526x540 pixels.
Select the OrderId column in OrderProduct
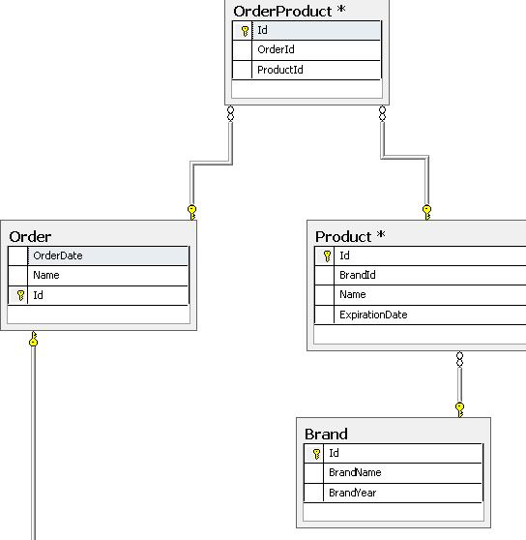click(x=276, y=50)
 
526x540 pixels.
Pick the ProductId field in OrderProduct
click(x=280, y=70)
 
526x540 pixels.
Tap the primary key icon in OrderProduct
click(x=245, y=31)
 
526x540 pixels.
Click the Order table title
click(x=30, y=236)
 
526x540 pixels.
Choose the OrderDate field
click(x=57, y=255)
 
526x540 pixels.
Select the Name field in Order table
click(x=45, y=275)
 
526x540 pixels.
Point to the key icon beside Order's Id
click(x=20, y=295)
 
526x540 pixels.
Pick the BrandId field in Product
click(x=357, y=275)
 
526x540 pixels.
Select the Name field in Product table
click(x=352, y=294)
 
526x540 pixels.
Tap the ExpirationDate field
click(x=372, y=315)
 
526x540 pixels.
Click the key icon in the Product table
click(x=327, y=256)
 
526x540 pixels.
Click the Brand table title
click(x=326, y=434)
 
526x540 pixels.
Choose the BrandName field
click(x=355, y=472)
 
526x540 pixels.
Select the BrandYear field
click(x=352, y=493)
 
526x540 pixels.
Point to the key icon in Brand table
click(x=316, y=453)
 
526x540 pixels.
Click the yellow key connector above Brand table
click(x=459, y=408)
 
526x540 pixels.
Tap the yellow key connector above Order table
click(x=192, y=211)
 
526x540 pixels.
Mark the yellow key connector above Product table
click(x=426, y=211)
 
